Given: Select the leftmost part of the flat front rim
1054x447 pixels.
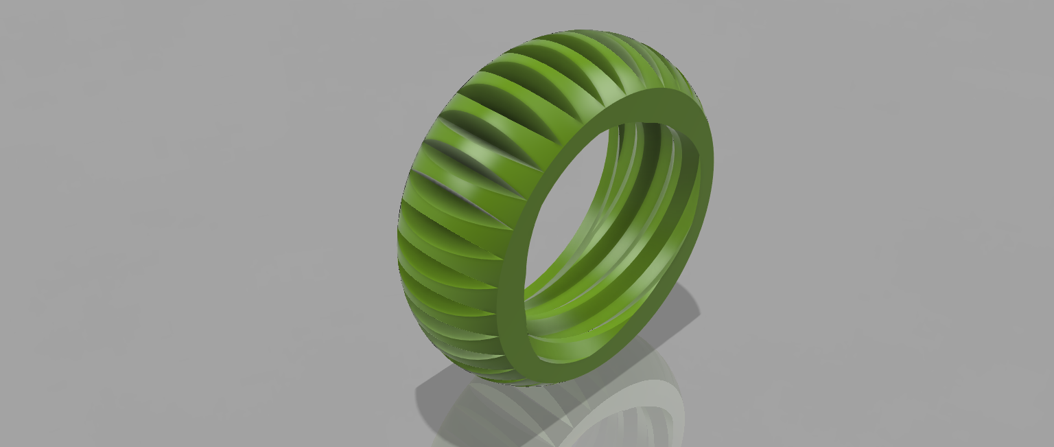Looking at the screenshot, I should pyautogui.click(x=502, y=323).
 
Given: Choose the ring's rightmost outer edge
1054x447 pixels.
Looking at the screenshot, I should pyautogui.click(x=713, y=165).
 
